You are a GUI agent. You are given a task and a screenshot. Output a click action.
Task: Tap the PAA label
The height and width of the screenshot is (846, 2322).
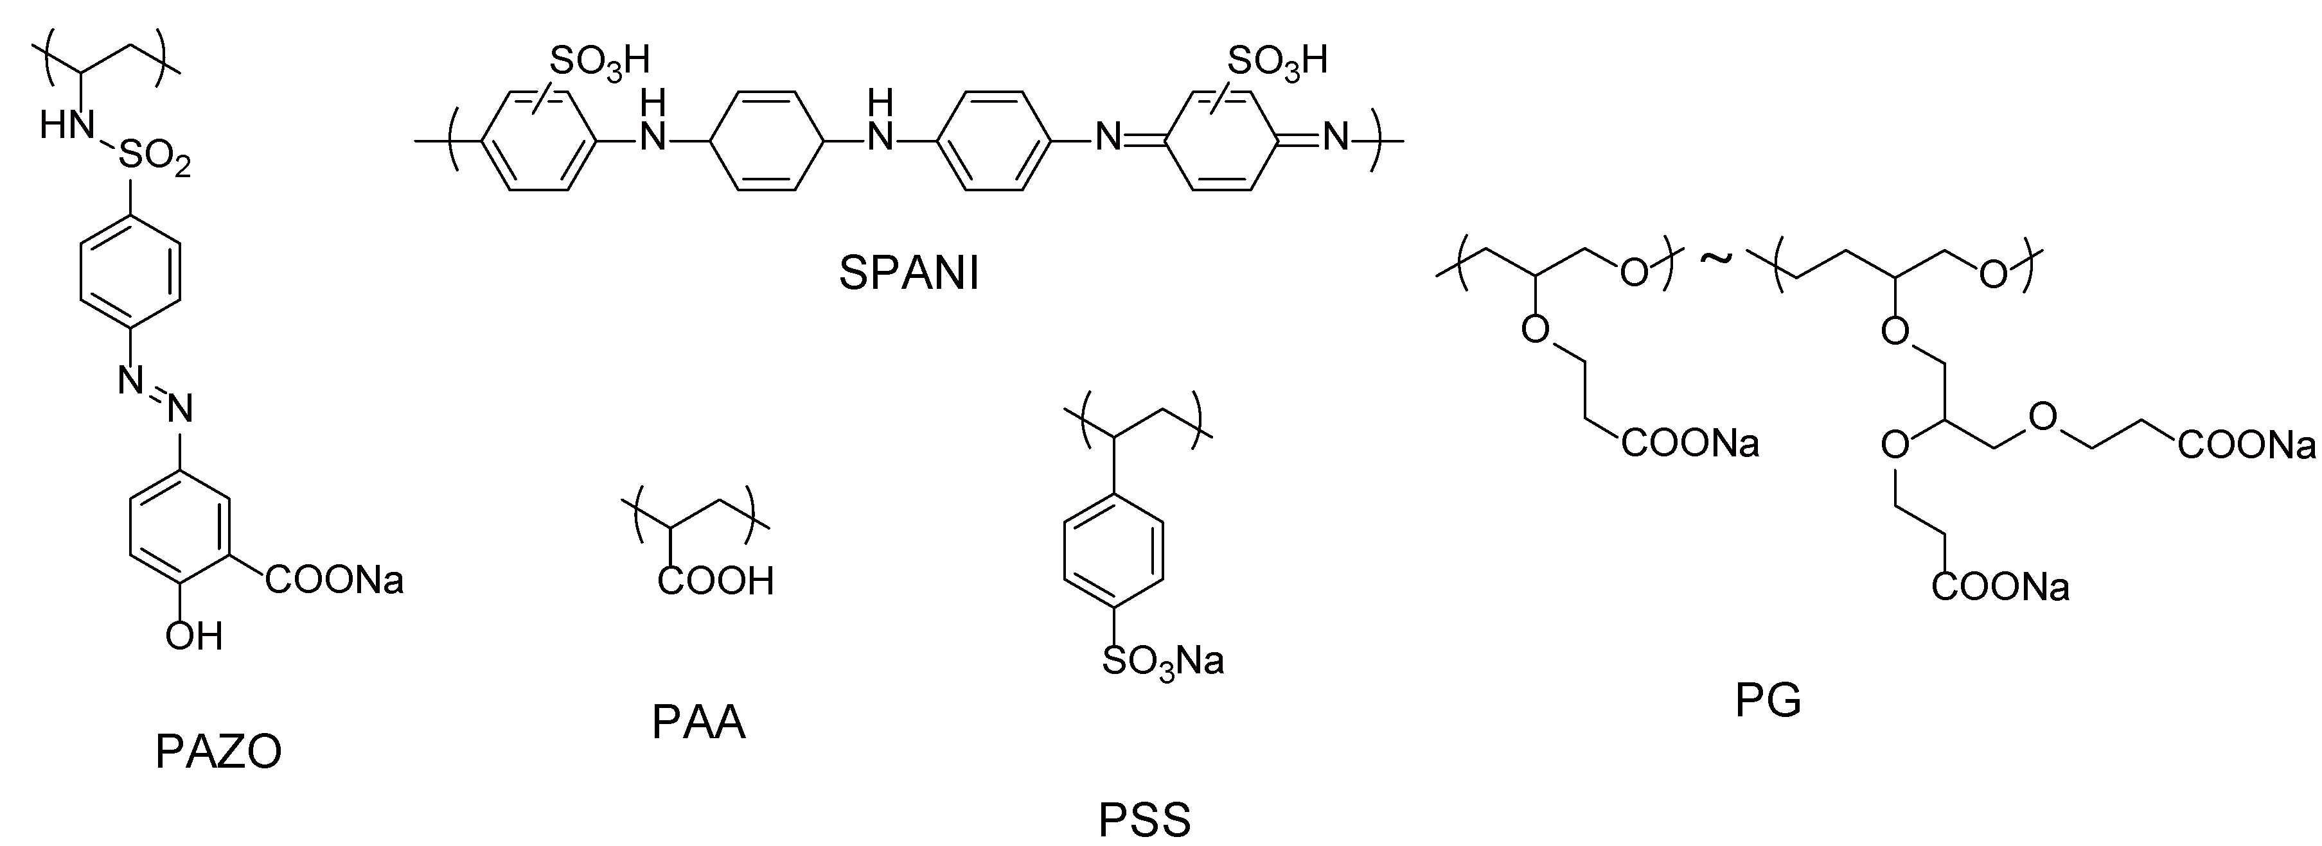point(698,721)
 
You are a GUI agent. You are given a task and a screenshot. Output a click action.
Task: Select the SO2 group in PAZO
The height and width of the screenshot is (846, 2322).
point(154,160)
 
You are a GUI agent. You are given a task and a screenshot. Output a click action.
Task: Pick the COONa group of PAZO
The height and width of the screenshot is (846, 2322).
point(334,580)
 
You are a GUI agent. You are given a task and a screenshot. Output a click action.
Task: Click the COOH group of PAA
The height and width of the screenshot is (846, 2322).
point(716,581)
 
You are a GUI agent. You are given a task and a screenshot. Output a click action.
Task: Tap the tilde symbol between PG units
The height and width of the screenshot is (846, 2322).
point(1715,259)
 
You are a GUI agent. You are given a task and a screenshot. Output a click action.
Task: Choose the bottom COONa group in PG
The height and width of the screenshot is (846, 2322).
point(2000,587)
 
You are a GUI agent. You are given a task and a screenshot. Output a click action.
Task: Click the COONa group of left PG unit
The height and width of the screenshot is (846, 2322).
point(1690,444)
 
